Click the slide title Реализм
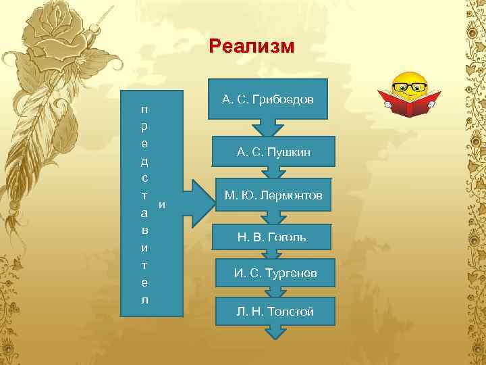coord(252,46)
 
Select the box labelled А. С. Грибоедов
coord(268,100)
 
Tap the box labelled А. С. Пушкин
coord(273,153)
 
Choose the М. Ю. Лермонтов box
coord(273,195)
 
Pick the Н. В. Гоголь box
coord(271,237)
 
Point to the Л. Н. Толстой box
coord(275,311)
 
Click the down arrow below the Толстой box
coord(275,331)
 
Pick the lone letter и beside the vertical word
coord(161,203)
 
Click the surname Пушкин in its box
coord(289,153)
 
